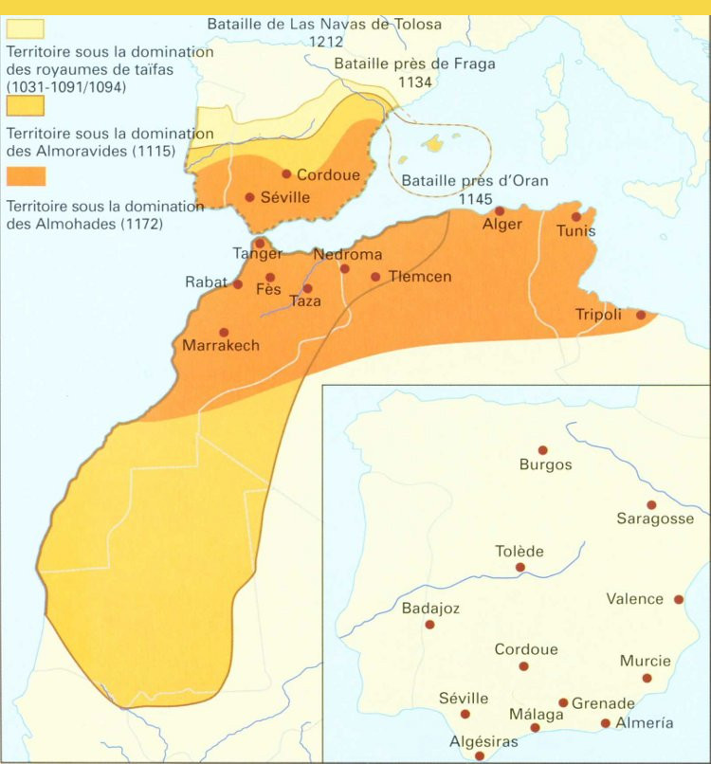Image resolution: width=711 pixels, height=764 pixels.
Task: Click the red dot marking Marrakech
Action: coord(224,333)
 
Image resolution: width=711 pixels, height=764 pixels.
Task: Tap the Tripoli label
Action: coord(598,315)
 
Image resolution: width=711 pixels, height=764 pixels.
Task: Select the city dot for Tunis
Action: coord(576,216)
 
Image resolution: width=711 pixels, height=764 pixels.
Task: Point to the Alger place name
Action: coord(502,226)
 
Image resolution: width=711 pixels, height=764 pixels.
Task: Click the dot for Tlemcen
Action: coord(375,277)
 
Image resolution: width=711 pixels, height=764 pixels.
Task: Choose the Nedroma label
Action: coord(347,254)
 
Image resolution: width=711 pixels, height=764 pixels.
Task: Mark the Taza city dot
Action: coord(307,288)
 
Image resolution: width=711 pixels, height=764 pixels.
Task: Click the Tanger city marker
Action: coord(260,243)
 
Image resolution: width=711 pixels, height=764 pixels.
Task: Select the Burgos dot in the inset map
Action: coord(542,450)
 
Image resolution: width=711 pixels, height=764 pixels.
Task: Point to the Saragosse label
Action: coord(655,518)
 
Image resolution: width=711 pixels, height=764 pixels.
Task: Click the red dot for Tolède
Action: coord(520,568)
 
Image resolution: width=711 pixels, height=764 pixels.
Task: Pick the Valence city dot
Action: coord(679,599)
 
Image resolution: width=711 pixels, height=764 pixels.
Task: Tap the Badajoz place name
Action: coord(430,609)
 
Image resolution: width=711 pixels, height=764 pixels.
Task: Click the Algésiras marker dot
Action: coord(480,756)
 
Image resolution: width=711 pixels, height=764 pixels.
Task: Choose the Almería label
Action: coord(645,723)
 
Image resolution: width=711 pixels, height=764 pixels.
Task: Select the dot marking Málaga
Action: coord(535,728)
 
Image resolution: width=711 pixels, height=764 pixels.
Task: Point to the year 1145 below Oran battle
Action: coord(475,199)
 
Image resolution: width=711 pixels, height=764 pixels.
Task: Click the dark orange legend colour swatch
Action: coord(26,176)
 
